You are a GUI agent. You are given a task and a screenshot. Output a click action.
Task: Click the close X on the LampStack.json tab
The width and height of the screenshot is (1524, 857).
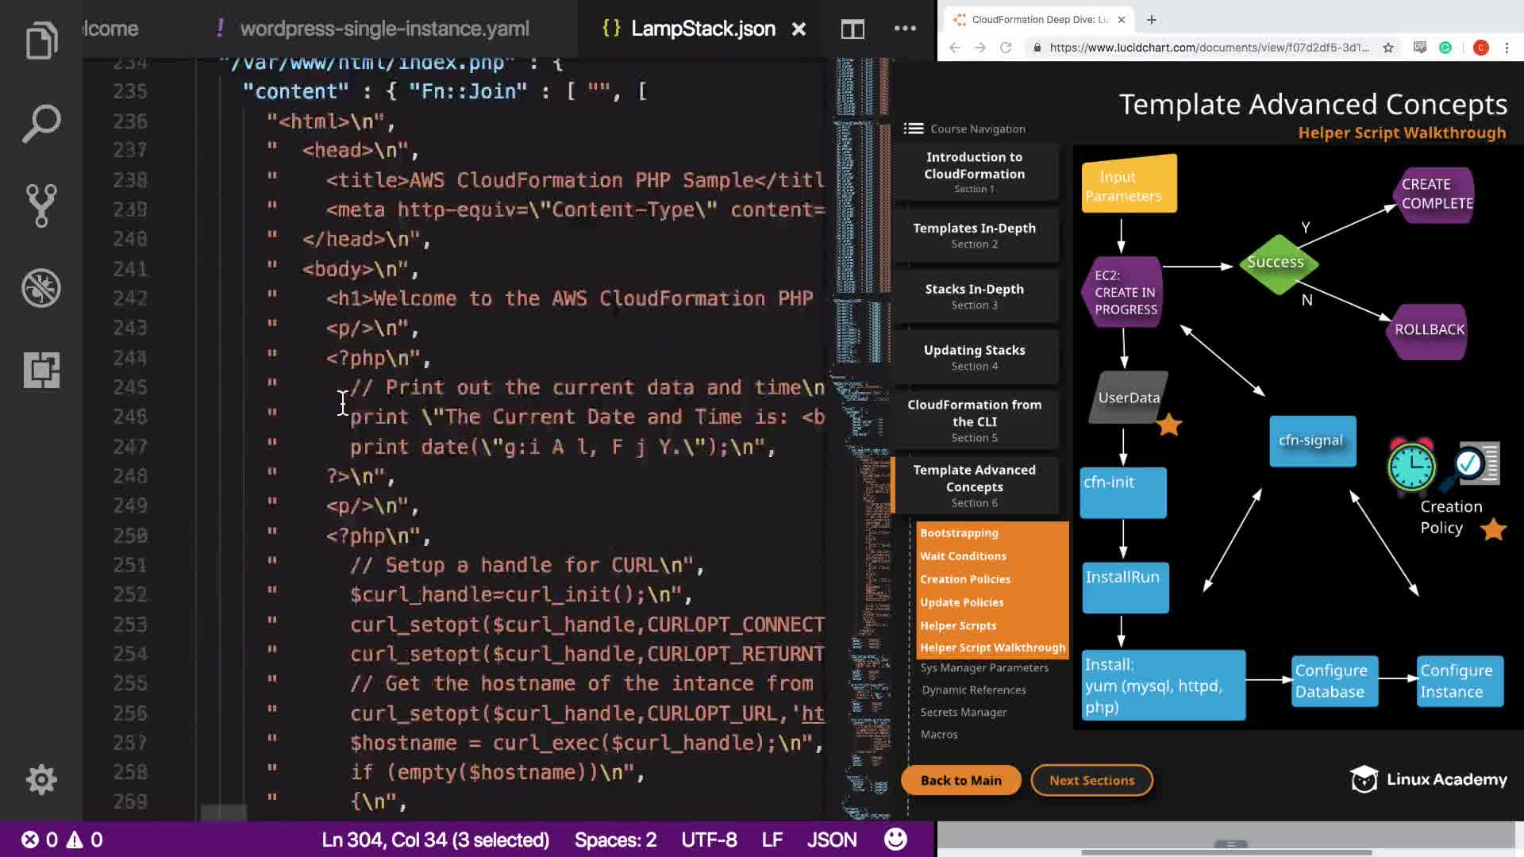799,29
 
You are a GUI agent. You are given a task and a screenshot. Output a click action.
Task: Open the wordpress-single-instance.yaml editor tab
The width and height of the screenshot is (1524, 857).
384,29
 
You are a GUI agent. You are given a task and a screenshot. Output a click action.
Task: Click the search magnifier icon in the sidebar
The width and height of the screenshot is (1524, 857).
41,123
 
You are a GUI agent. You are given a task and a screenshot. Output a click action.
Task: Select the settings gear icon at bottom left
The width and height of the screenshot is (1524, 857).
41,779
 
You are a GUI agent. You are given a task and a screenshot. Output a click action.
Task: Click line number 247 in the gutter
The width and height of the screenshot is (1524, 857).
130,447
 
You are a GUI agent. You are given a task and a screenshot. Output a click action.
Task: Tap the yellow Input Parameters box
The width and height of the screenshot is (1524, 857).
1128,186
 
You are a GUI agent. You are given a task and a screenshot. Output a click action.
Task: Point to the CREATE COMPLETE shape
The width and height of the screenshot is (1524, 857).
1435,194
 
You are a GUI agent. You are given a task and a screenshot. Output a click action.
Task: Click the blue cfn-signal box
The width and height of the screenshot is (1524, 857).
1311,441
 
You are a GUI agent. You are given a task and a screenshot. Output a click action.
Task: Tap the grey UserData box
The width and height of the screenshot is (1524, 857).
1128,398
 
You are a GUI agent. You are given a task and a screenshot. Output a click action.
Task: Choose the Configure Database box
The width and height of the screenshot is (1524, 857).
1332,681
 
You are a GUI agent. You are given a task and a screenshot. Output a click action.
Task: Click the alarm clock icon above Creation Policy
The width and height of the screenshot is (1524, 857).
1411,465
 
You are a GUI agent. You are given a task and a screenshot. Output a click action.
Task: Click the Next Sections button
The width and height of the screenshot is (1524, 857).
1091,780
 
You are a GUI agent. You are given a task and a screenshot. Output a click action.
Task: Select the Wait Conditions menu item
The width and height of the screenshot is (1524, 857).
963,556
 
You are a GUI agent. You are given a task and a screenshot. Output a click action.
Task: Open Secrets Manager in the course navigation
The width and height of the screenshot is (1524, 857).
964,713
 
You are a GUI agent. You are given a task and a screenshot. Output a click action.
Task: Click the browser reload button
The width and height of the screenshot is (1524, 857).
1006,48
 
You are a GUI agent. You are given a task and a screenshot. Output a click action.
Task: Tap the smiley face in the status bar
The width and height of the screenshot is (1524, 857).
895,840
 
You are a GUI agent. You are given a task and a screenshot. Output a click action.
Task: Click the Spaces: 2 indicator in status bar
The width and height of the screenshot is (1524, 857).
615,840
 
